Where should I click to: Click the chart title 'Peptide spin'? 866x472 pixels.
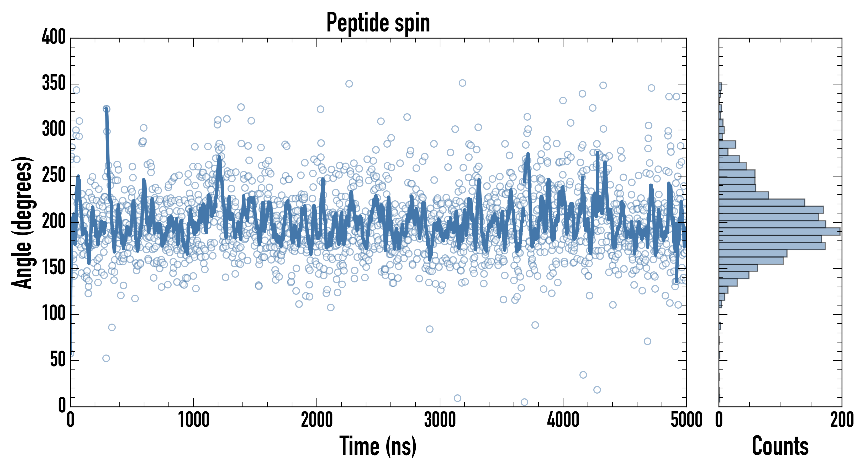(x=378, y=23)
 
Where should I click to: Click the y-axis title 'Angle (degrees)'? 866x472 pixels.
(x=22, y=222)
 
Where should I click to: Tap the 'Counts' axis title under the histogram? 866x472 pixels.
(x=780, y=446)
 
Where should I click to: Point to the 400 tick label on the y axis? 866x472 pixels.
(x=54, y=37)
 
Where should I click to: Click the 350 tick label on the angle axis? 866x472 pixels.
(x=54, y=83)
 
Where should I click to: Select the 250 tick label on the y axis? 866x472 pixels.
(x=54, y=176)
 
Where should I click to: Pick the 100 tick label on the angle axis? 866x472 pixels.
(x=54, y=314)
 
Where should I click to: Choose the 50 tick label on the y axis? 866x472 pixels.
(x=58, y=360)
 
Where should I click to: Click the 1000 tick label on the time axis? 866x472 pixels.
(x=194, y=420)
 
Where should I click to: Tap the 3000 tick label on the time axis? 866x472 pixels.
(x=440, y=420)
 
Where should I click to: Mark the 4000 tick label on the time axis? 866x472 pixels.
(x=563, y=420)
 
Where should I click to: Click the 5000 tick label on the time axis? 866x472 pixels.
(x=686, y=420)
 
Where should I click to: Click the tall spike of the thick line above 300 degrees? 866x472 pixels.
(x=107, y=111)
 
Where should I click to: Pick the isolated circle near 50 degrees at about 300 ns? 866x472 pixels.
(x=106, y=358)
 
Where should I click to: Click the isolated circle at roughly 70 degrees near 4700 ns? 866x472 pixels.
(x=647, y=341)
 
